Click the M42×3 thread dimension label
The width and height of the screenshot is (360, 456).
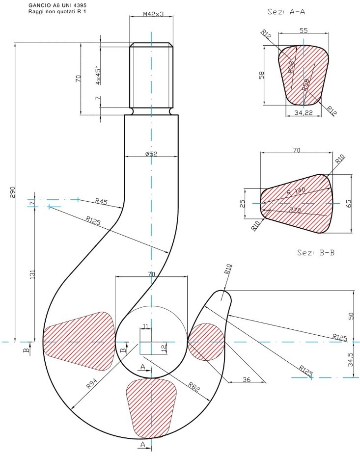[x=152, y=14]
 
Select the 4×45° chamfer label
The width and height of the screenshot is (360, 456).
[x=98, y=75]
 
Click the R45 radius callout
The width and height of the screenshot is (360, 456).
[x=101, y=201]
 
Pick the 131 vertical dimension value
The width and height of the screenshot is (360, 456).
[x=32, y=275]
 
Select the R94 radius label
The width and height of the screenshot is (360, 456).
[x=92, y=383]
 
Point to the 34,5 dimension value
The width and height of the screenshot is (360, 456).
[x=350, y=359]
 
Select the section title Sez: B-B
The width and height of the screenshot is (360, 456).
[x=313, y=253]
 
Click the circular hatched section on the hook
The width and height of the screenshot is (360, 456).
[x=206, y=342]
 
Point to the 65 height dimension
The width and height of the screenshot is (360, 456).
[x=349, y=203]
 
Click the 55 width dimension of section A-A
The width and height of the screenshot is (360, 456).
[x=304, y=30]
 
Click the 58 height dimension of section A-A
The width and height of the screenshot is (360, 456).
[x=262, y=75]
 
